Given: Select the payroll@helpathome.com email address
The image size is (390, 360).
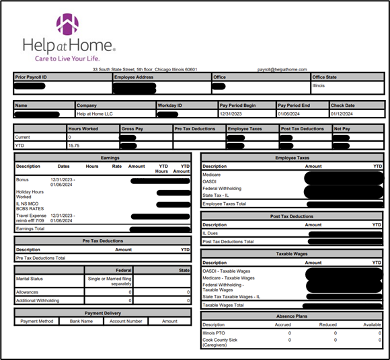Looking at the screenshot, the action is click(282, 69).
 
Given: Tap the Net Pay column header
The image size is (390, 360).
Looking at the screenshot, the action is click(342, 128).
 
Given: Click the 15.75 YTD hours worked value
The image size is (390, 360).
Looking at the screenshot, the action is click(74, 144).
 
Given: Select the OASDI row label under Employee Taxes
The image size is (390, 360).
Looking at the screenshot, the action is click(210, 181).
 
